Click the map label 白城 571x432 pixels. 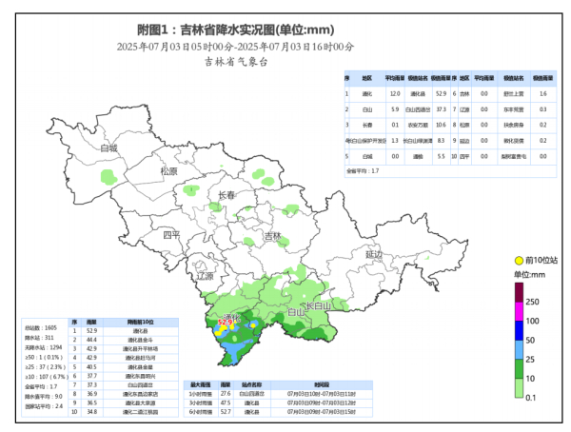coord(109,148)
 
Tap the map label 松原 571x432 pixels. coord(168,171)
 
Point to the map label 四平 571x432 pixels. coord(171,234)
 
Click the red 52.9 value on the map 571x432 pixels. coord(226,323)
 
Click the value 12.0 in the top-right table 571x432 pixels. coord(394,94)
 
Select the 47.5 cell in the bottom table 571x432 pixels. coord(226,402)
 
